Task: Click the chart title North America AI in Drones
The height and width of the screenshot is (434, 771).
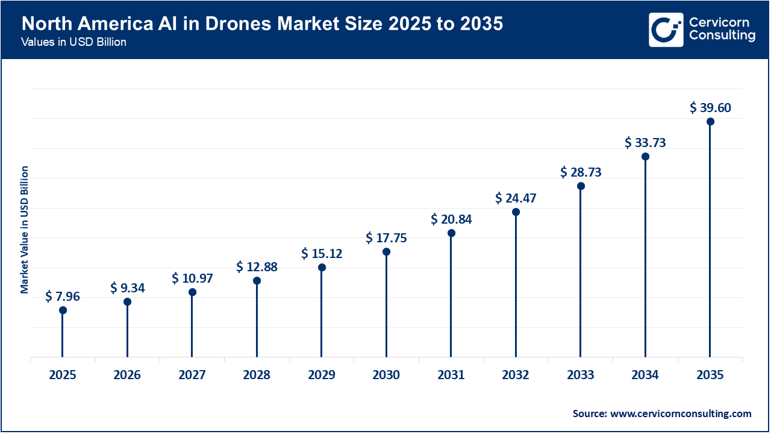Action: [x=263, y=24]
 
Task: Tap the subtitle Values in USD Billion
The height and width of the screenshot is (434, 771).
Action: [x=73, y=43]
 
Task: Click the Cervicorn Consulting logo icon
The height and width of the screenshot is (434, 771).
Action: [x=666, y=30]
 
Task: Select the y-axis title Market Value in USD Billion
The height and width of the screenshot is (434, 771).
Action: [x=25, y=230]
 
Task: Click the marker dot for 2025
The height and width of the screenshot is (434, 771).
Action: [x=63, y=310]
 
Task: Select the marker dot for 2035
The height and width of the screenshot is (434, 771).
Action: [x=710, y=122]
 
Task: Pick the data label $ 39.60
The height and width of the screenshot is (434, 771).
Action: [x=710, y=108]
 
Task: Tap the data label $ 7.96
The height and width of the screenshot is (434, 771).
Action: [x=63, y=297]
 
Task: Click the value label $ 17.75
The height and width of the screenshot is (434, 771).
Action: [x=386, y=238]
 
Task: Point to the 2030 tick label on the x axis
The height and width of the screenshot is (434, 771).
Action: [x=386, y=376]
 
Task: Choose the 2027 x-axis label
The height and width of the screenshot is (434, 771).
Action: [x=192, y=376]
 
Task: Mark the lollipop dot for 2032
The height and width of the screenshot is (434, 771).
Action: [x=516, y=212]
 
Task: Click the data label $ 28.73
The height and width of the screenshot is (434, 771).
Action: [x=581, y=172]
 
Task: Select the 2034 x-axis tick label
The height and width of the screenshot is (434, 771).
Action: [x=645, y=376]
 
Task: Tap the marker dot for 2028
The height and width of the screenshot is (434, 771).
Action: [x=257, y=281]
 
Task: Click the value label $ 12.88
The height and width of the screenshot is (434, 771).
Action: [x=257, y=267]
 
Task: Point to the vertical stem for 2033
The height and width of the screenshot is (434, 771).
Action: [x=581, y=271]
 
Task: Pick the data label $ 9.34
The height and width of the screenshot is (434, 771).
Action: [x=127, y=288]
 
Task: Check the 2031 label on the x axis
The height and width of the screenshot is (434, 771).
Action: [x=451, y=376]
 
